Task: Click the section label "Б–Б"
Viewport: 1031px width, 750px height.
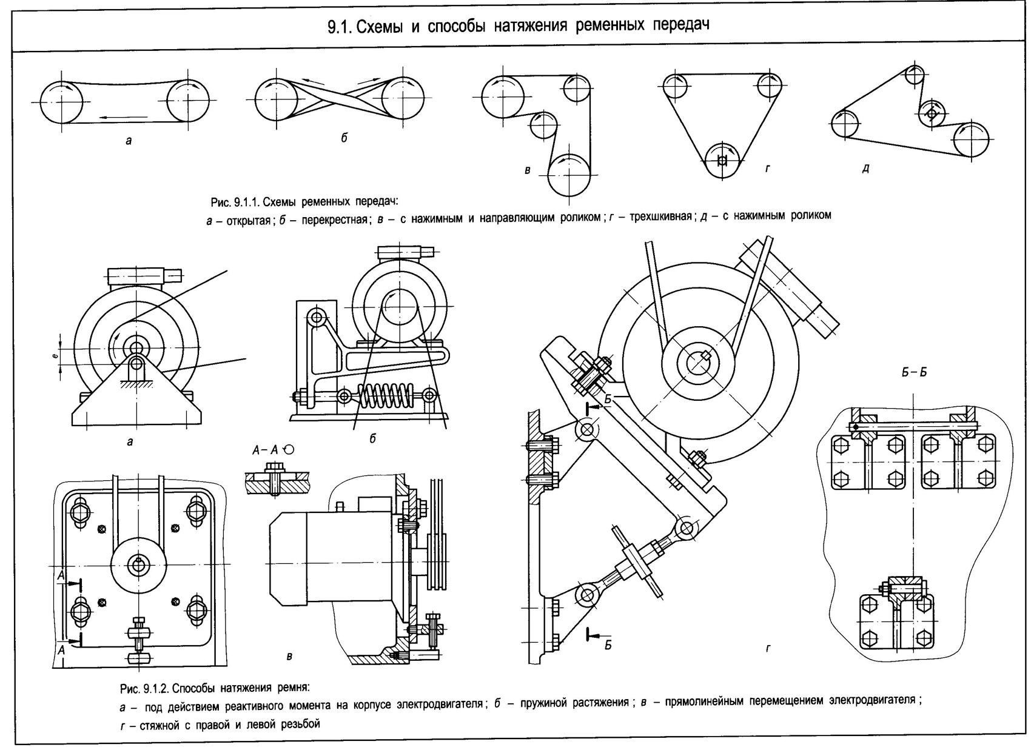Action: (913, 372)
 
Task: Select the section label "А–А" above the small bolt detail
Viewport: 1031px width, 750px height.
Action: (265, 450)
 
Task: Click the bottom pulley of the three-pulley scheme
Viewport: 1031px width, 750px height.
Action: (722, 161)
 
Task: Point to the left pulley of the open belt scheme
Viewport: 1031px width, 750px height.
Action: (61, 102)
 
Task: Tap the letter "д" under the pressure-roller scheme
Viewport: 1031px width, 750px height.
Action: (865, 169)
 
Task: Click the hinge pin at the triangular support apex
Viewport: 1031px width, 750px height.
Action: (136, 364)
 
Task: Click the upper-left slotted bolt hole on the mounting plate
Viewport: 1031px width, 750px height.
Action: (81, 511)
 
